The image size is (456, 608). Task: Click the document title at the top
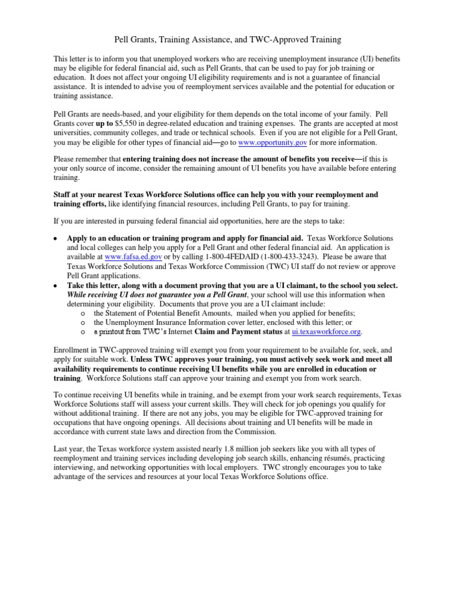click(x=227, y=40)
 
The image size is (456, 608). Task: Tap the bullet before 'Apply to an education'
click(x=56, y=238)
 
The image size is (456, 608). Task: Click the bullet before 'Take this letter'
click(x=56, y=286)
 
